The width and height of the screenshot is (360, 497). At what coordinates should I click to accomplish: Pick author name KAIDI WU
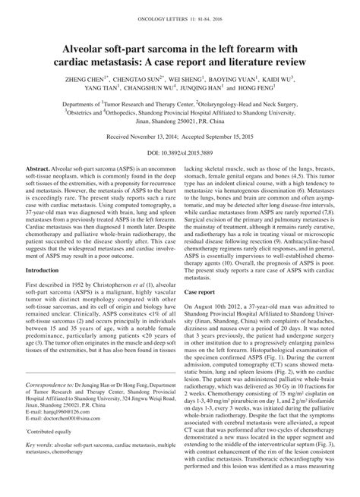278,77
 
